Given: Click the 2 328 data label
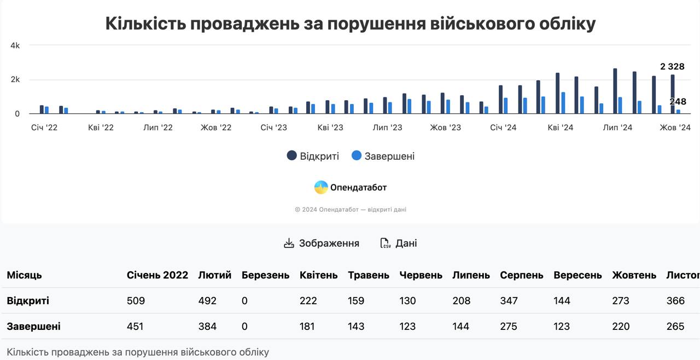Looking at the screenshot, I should coord(672,67).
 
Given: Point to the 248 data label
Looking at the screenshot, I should coord(678,102).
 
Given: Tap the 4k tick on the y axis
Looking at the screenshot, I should coord(15,46).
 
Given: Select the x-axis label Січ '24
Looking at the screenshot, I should coord(503,128).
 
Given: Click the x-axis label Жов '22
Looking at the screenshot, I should coord(215,128).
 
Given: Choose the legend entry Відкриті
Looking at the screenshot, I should coord(313,156).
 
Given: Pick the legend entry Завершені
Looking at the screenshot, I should coord(383,156).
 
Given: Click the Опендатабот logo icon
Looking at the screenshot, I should coord(321,188).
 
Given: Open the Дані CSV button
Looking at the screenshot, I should coord(399,243).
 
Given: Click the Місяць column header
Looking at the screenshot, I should coord(24,275).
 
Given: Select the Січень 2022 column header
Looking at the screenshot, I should coord(157,275).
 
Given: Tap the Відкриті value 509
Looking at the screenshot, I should coord(136,301).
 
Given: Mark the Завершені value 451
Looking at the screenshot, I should coord(135,327).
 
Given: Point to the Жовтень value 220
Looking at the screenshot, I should coord(621,327).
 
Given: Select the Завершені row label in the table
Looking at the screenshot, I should coord(33,327).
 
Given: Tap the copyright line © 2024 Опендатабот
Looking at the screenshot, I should coord(350,210).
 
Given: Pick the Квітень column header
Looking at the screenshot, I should coord(318,275).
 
